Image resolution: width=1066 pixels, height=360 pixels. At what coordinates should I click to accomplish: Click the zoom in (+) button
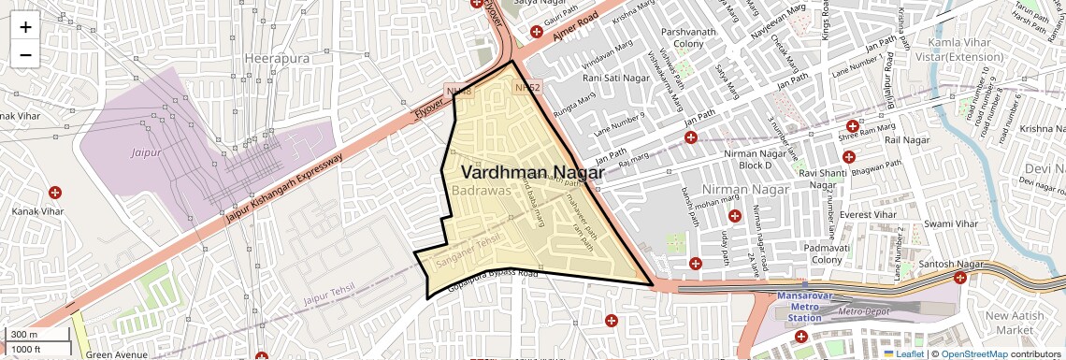click(25, 27)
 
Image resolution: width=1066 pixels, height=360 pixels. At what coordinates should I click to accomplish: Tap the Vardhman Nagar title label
click(532, 172)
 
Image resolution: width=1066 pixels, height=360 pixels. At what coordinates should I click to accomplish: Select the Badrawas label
click(480, 190)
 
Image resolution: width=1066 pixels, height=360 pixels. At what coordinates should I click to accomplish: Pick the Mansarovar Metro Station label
click(803, 307)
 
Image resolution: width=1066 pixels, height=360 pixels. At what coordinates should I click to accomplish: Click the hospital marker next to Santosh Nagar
click(960, 278)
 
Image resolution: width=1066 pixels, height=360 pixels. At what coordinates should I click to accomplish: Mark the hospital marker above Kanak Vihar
click(55, 193)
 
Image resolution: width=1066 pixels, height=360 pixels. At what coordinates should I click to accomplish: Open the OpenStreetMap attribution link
click(973, 353)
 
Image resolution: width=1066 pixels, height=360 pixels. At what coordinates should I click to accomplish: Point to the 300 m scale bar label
click(25, 335)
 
